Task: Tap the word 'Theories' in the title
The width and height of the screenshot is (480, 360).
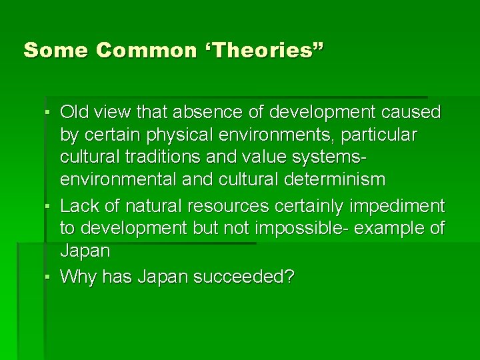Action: (x=263, y=50)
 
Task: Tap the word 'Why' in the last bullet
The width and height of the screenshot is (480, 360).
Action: (x=76, y=276)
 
